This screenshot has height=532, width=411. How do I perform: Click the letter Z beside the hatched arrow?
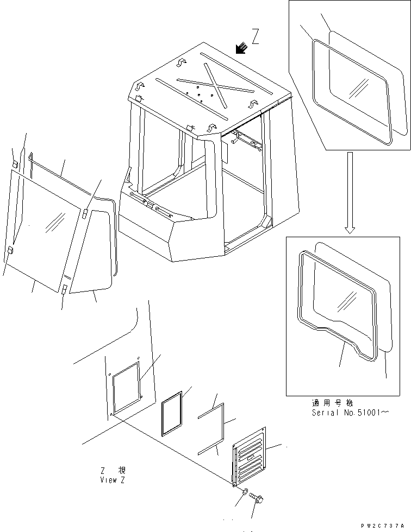256,37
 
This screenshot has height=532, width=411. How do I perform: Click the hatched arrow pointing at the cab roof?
242,48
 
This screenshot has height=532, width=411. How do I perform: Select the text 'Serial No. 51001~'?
350,413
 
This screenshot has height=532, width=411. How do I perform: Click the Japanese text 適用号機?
333,403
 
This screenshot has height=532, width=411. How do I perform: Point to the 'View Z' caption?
113,480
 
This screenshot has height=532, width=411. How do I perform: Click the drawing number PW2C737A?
383,526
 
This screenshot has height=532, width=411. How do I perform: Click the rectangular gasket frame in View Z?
172,414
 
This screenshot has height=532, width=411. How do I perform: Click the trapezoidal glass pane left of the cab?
92,250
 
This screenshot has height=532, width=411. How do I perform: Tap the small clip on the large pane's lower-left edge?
10,250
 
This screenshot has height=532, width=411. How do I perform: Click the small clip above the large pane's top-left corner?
15,163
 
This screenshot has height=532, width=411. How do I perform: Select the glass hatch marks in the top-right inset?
359,88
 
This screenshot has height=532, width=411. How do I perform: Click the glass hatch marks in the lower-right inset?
347,302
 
